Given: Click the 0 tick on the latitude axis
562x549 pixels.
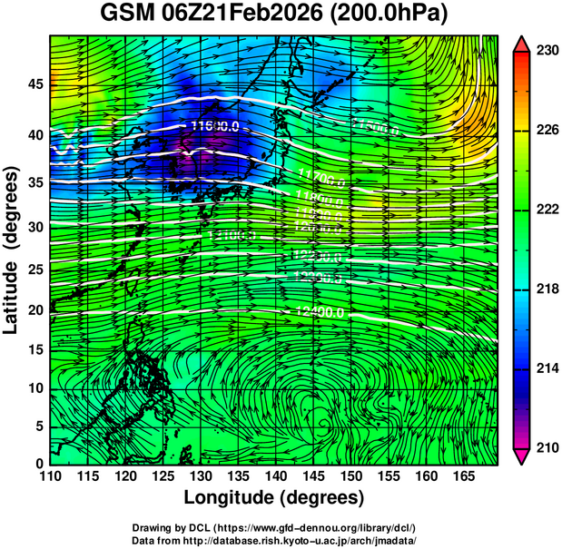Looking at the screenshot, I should click(38, 462).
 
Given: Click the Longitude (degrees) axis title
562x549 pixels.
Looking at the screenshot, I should click(274, 498).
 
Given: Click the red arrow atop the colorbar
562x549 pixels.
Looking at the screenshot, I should click(522, 44).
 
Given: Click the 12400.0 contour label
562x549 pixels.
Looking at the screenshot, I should click(320, 312).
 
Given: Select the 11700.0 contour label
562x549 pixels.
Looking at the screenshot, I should click(320, 172).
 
